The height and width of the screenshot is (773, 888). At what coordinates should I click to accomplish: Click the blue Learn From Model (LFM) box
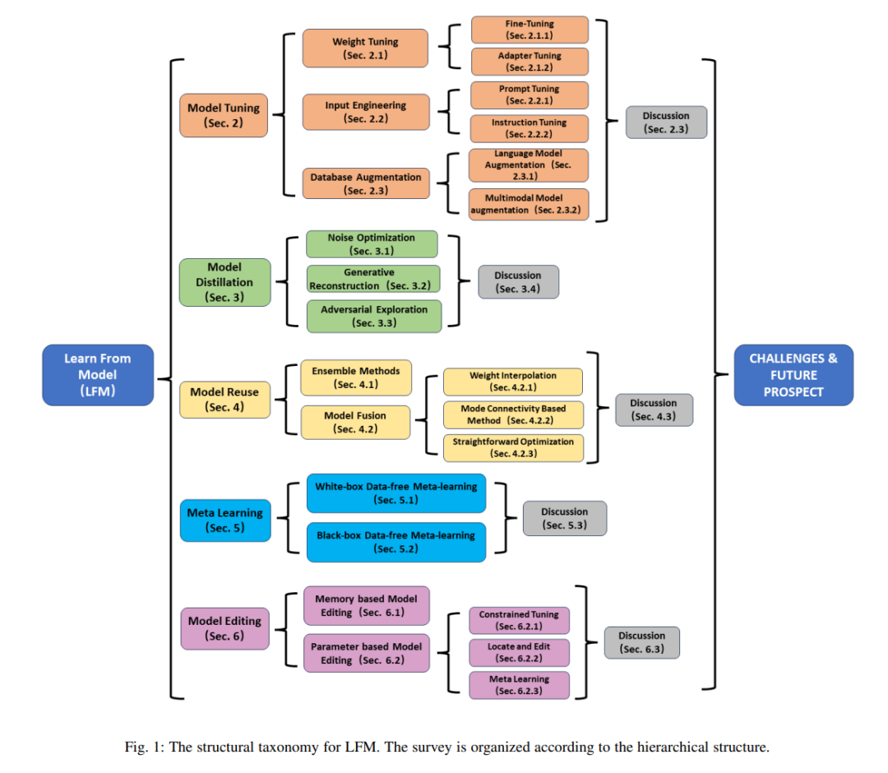[98, 375]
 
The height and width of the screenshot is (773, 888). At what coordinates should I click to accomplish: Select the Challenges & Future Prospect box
[793, 375]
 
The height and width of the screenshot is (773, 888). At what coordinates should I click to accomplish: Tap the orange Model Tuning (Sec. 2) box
[224, 115]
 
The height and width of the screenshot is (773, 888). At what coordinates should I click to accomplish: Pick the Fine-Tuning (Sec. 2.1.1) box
[530, 30]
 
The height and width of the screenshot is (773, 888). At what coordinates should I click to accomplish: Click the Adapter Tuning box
[530, 61]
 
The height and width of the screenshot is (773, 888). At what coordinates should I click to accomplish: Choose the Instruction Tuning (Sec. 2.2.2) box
[529, 128]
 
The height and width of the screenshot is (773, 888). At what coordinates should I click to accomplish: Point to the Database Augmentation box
[366, 183]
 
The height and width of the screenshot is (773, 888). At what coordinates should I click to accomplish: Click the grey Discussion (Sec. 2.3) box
[666, 123]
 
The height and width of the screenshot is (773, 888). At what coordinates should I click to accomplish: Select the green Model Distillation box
[224, 282]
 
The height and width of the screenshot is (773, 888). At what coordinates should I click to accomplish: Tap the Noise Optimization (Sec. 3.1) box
[372, 244]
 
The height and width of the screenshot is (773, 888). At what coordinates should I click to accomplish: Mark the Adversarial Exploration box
[374, 316]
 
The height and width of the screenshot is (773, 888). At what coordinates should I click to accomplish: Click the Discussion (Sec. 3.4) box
[518, 282]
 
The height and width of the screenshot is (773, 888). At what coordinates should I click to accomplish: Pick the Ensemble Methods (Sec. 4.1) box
[356, 377]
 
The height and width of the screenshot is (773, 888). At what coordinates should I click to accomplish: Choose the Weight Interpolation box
[513, 382]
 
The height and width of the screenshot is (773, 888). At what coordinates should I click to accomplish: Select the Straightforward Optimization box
[513, 447]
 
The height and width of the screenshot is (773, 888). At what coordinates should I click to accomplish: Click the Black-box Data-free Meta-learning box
[395, 542]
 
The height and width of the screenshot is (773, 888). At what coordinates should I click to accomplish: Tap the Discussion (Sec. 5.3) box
[565, 518]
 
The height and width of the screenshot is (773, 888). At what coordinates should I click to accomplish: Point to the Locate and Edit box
[519, 652]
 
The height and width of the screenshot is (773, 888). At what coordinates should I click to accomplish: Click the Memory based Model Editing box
[366, 605]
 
